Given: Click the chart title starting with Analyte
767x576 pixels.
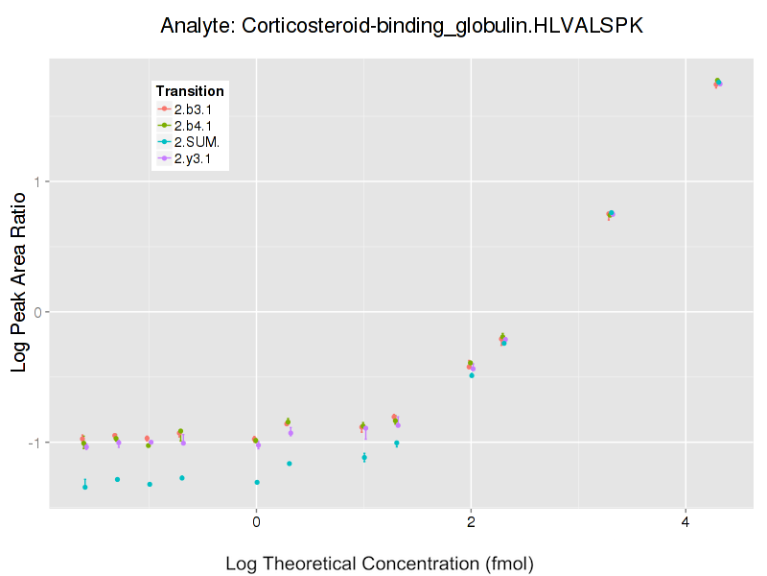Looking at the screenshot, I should pyautogui.click(x=402, y=26).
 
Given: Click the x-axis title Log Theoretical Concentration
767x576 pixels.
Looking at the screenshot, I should pyautogui.click(x=380, y=564).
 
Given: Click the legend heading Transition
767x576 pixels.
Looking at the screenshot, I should pyautogui.click(x=190, y=91).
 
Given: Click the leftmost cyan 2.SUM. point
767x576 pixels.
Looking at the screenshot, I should pyautogui.click(x=85, y=487).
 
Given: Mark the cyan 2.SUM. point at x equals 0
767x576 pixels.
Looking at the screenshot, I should pyautogui.click(x=257, y=482).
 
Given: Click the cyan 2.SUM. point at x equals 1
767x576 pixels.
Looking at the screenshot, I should pyautogui.click(x=364, y=457).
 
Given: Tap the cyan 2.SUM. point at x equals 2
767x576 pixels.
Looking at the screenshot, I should pyautogui.click(x=472, y=375).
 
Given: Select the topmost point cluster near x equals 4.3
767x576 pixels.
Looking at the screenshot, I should pyautogui.click(x=717, y=83).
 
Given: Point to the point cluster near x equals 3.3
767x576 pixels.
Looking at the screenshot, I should pyautogui.click(x=610, y=214).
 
